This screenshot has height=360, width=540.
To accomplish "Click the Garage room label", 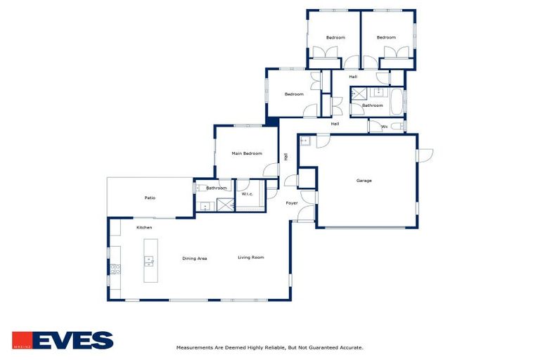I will (x=364, y=181).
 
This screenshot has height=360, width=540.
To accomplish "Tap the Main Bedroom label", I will (x=247, y=153).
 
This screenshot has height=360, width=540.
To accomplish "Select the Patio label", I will (x=150, y=198).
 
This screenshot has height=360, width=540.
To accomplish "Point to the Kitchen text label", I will (x=144, y=227).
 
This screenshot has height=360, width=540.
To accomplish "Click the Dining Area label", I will (x=194, y=259).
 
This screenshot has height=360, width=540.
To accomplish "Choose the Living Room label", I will (x=250, y=257).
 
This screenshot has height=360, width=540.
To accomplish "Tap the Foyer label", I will (x=291, y=203).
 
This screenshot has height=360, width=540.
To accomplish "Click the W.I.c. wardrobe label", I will (x=247, y=194).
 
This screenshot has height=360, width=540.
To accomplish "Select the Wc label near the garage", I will (x=384, y=127).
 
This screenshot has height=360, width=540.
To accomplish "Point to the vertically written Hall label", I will (x=285, y=157).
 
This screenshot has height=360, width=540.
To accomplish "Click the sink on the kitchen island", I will (x=149, y=261).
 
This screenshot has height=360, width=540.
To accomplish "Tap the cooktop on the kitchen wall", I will (x=115, y=269).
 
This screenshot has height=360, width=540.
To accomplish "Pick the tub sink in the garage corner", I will (x=304, y=141).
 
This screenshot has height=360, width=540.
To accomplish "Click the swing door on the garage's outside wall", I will (x=424, y=155).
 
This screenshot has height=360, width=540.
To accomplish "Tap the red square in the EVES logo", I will (x=21, y=340).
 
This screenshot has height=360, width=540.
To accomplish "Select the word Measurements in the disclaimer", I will (x=194, y=347).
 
